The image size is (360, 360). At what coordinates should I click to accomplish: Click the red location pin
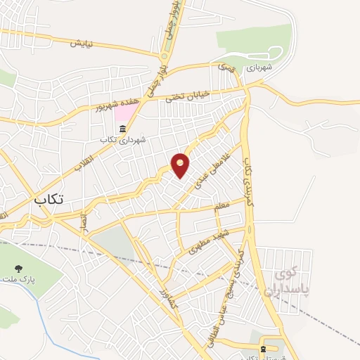[181, 165]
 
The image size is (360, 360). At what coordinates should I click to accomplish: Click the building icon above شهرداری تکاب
[124, 129]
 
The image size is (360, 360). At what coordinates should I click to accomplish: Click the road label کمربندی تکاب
[247, 181]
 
